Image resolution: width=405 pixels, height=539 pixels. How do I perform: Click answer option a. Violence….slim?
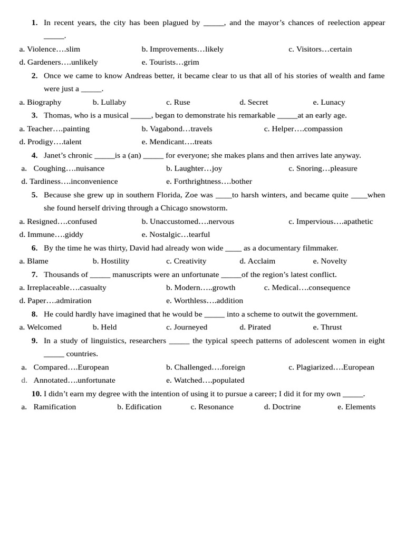click(50, 49)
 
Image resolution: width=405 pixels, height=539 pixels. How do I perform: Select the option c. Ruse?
click(178, 102)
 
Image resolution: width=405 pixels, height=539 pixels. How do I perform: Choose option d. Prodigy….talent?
click(51, 142)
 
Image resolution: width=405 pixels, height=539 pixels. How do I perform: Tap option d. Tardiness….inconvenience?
click(70, 181)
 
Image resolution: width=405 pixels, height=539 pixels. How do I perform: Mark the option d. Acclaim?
click(257, 261)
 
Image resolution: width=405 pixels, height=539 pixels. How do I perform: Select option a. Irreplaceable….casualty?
click(63, 287)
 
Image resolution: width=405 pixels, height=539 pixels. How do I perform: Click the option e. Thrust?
click(327, 327)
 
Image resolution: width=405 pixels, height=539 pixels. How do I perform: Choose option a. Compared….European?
click(65, 367)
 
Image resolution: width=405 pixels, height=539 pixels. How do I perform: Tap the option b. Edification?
click(139, 406)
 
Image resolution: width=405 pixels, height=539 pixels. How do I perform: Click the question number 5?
click(34, 195)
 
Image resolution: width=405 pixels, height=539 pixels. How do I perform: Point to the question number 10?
click(36, 393)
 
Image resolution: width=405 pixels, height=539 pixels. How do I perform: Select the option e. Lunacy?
click(329, 102)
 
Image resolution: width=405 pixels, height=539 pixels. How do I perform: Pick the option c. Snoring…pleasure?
click(323, 168)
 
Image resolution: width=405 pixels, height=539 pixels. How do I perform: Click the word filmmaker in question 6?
click(319, 248)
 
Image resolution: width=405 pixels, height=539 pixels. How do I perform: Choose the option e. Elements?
click(356, 406)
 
